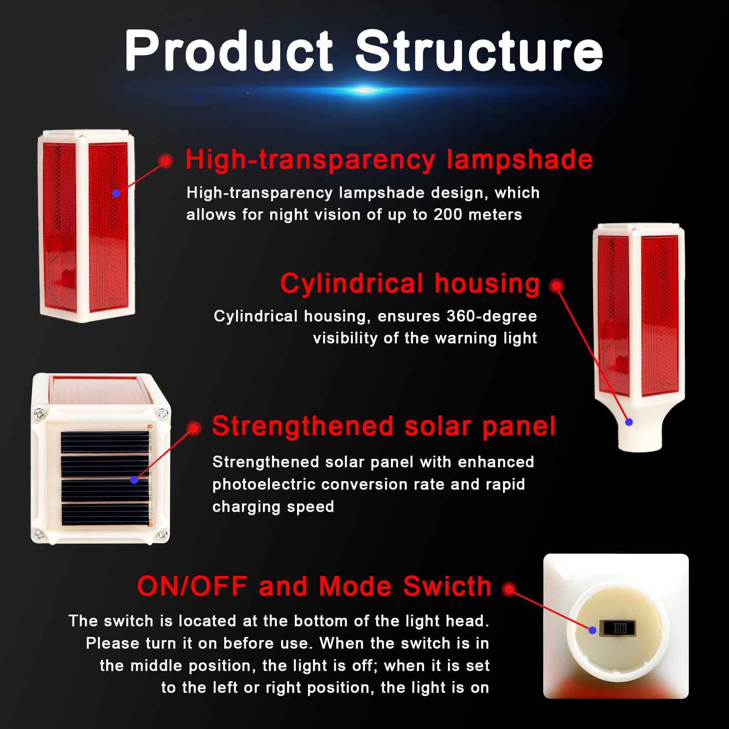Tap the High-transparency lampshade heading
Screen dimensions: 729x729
pos(389,160)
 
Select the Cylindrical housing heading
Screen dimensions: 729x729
pos(410,283)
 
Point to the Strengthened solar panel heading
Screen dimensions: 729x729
pos(384,426)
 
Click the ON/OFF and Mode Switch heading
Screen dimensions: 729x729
pos(314,586)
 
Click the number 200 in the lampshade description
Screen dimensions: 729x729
pos(448,214)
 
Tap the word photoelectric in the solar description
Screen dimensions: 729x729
pos(264,484)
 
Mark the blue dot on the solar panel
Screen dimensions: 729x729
pos(134,480)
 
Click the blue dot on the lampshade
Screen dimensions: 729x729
pos(116,193)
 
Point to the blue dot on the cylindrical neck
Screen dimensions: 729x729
pos(629,422)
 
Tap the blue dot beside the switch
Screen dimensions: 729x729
pos(592,630)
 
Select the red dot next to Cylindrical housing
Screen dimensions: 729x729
pos(556,286)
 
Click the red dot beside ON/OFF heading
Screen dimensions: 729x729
pos(509,590)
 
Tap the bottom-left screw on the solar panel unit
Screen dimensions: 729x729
pos(39,534)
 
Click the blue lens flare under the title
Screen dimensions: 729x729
pos(364,90)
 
